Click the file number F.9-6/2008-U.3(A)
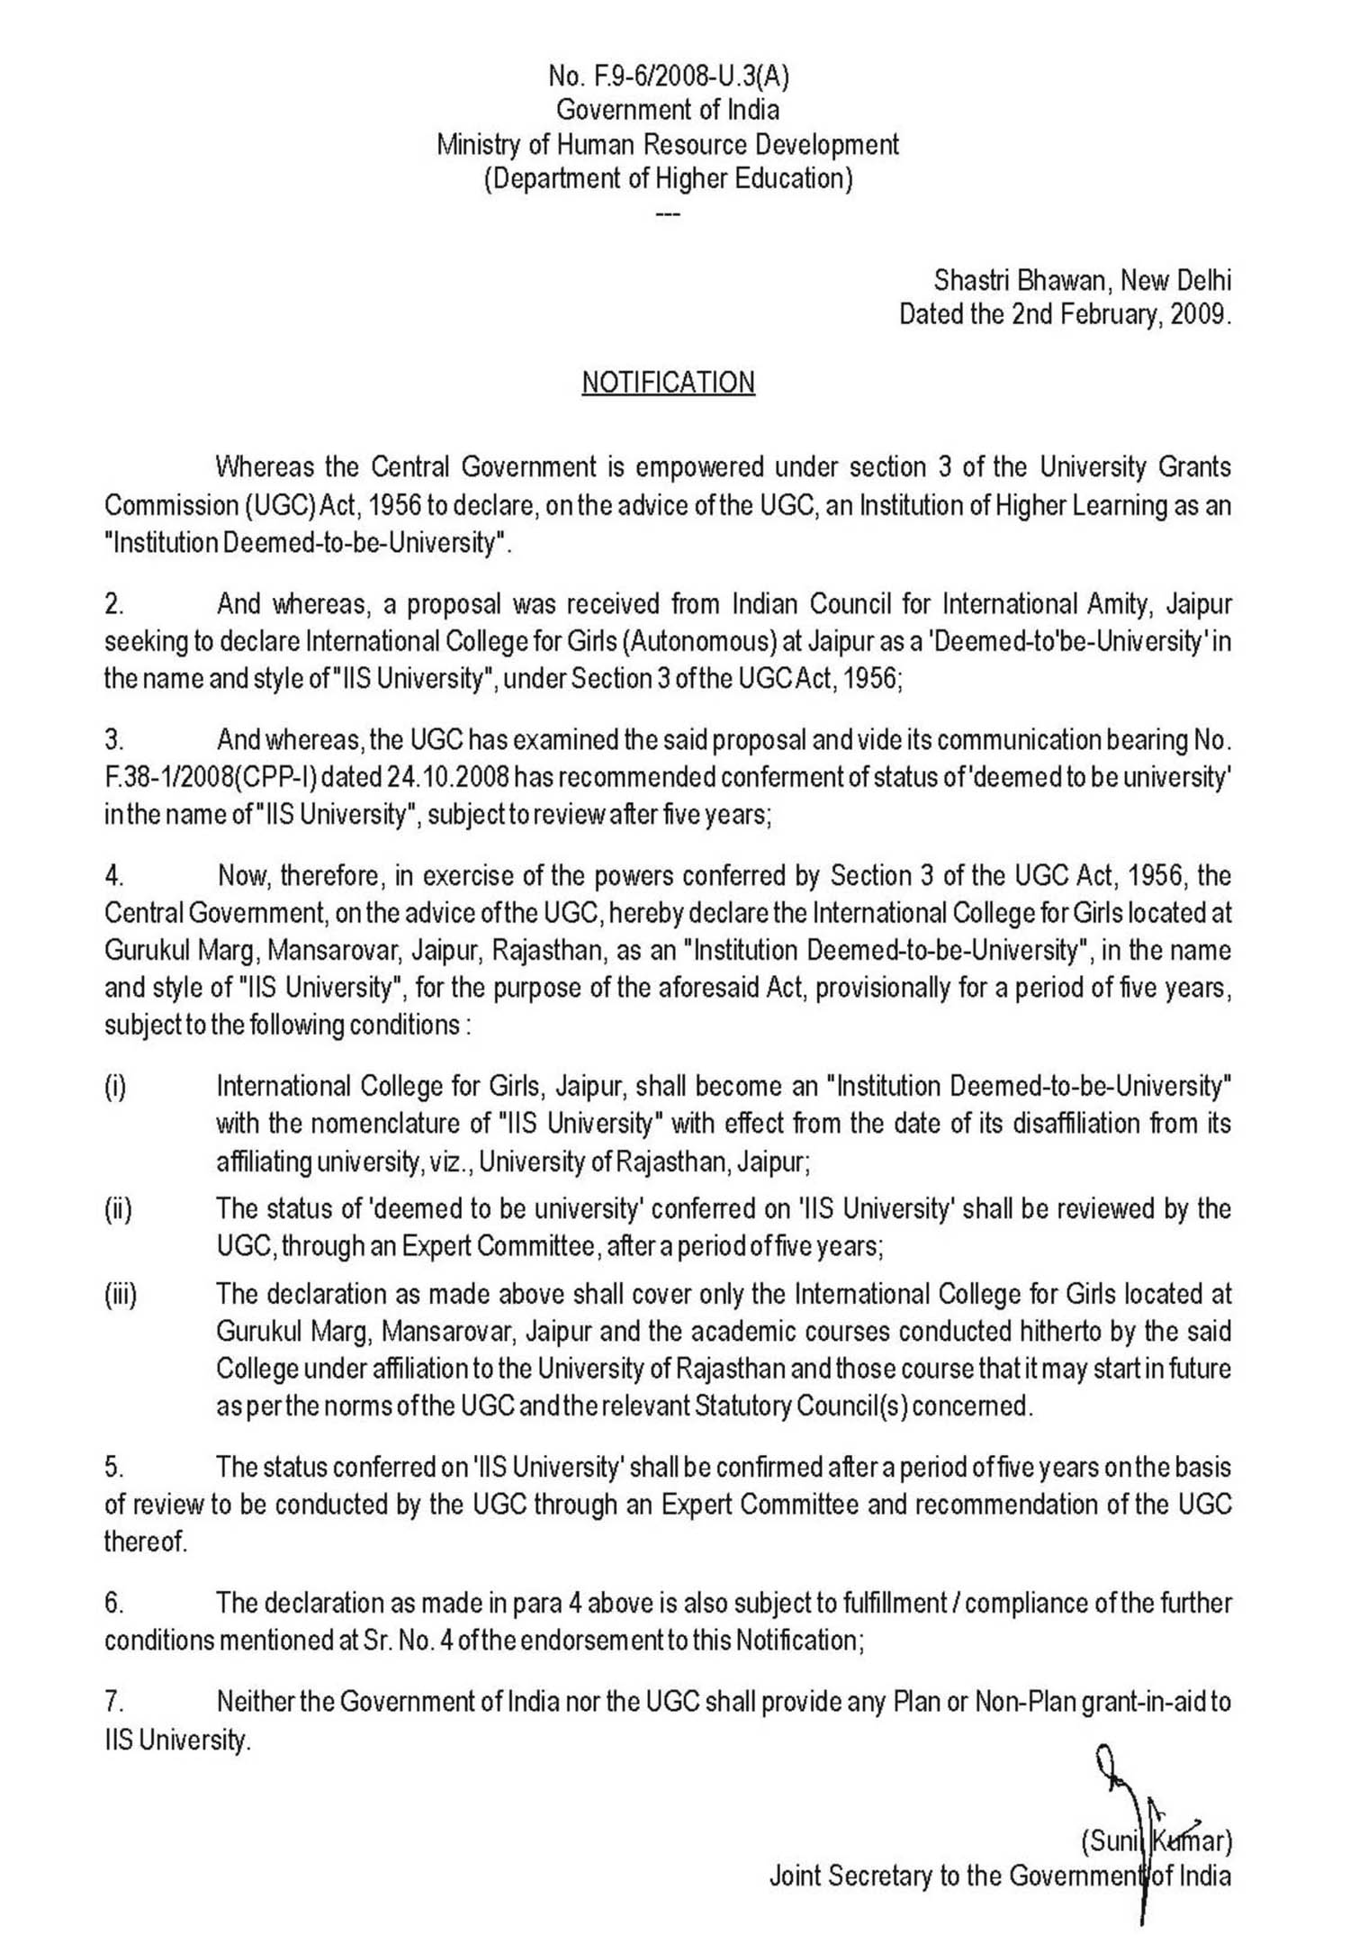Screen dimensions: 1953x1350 click(x=668, y=77)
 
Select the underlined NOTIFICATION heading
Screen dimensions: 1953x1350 click(x=668, y=383)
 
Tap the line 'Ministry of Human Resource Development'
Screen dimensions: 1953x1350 click(x=668, y=144)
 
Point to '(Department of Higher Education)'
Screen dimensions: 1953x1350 click(x=668, y=178)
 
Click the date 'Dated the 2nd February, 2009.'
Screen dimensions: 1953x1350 click(x=1065, y=315)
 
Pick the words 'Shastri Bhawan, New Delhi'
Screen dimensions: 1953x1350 click(x=1082, y=281)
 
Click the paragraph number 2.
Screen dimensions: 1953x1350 click(x=113, y=604)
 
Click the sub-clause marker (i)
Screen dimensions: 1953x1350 click(x=114, y=1087)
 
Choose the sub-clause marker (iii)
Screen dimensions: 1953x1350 click(x=120, y=1295)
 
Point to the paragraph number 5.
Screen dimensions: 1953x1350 click(x=113, y=1467)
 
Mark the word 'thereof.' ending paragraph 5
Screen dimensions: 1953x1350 click(x=146, y=1542)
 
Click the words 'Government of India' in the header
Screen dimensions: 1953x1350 click(x=668, y=110)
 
